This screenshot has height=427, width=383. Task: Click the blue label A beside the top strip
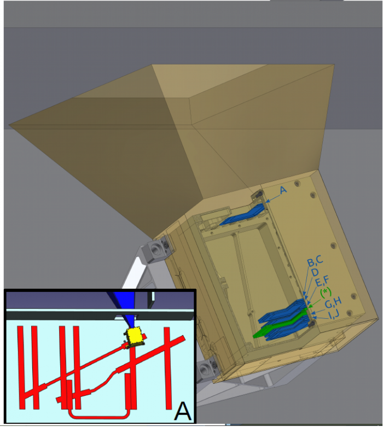click(283, 190)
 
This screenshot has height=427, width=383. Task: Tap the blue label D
click(315, 272)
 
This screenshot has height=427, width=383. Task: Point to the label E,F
click(322, 281)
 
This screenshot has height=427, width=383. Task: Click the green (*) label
click(326, 293)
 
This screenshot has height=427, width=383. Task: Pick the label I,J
click(334, 314)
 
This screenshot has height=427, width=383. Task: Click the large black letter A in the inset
click(182, 412)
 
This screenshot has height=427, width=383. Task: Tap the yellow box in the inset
click(134, 337)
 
